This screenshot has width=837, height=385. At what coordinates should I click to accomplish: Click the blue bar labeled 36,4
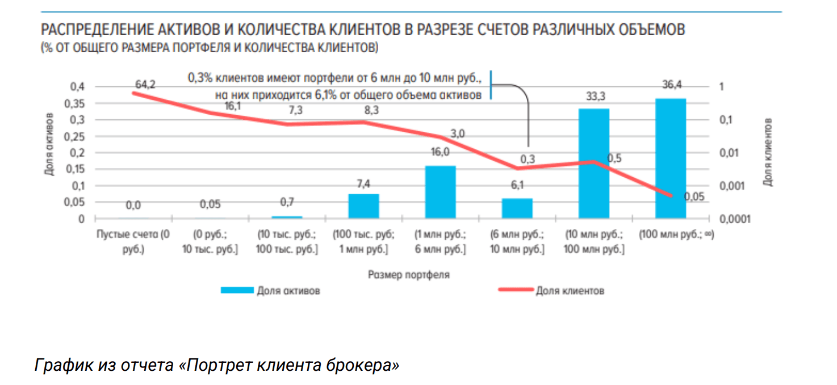pyautogui.click(x=671, y=158)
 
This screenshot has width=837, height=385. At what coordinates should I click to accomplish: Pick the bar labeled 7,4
pyautogui.click(x=363, y=206)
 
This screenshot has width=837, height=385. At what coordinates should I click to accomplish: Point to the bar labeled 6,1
pyautogui.click(x=517, y=208)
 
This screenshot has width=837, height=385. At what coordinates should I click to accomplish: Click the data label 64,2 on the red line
pyautogui.click(x=145, y=85)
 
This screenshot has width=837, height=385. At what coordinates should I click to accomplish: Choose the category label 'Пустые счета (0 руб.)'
pyautogui.click(x=133, y=241)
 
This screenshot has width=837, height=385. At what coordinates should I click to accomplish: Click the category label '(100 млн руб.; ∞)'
pyautogui.click(x=676, y=235)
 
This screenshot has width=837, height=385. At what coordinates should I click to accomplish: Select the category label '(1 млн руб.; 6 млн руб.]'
pyautogui.click(x=440, y=241)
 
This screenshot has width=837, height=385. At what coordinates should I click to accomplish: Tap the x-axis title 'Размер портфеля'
pyautogui.click(x=409, y=275)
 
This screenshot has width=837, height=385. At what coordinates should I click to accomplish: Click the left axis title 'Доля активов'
pyautogui.click(x=49, y=145)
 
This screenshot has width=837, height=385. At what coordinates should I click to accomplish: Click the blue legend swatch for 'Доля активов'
pyautogui.click(x=236, y=291)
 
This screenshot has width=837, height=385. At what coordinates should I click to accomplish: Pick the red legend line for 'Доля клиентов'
pyautogui.click(x=514, y=291)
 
